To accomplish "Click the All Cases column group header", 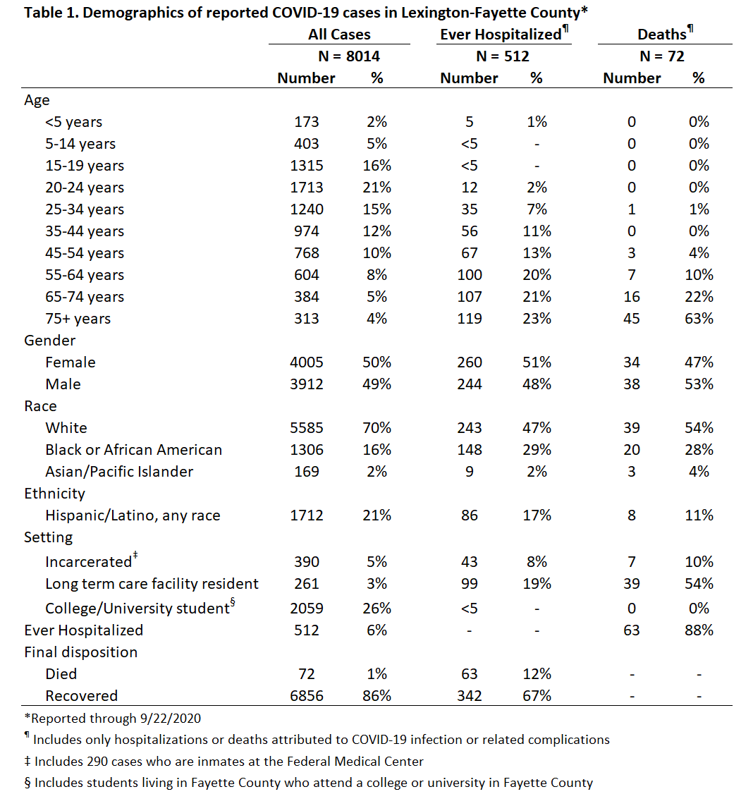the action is point(339,35).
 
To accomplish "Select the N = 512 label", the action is point(503,56).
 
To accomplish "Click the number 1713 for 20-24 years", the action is point(306,188).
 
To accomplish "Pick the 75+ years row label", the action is point(78,319).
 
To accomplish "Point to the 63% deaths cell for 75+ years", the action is point(699,319).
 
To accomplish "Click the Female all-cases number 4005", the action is point(306,362).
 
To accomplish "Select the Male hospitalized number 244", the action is point(470,384).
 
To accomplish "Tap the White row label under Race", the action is point(66,428).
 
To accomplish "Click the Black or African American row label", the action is point(134,450).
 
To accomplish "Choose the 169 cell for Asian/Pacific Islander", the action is point(306,472).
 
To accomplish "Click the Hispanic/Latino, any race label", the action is point(133,515).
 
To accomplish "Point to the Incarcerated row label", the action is point(88,562).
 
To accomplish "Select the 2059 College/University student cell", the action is point(306,609).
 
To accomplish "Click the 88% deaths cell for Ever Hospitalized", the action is point(699,630).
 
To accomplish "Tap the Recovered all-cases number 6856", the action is point(306,696).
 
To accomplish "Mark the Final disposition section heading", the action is point(80,652).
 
